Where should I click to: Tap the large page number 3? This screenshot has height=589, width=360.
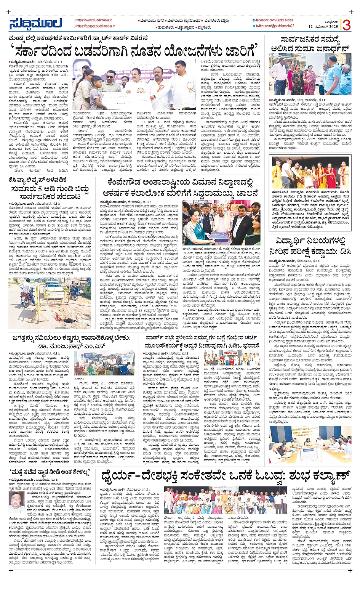346,24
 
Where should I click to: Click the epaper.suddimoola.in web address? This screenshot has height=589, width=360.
95,26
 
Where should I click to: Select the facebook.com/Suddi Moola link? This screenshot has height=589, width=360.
275,20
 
